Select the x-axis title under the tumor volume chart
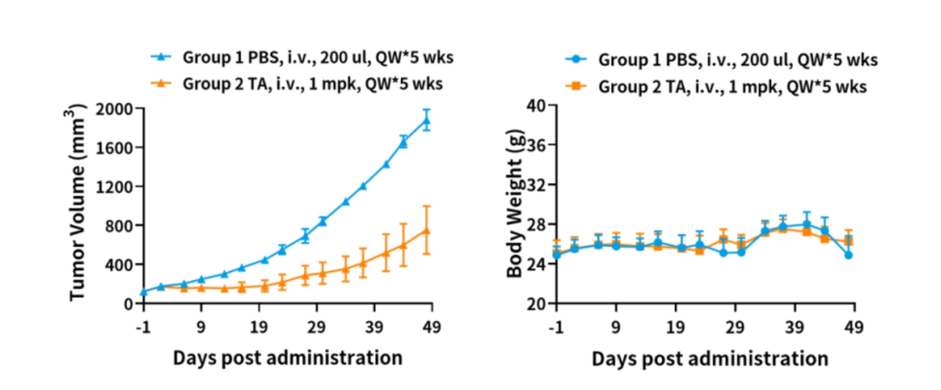(x=287, y=358)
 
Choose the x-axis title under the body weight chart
(x=709, y=359)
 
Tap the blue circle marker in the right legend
(x=578, y=59)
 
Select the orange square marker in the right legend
(x=578, y=86)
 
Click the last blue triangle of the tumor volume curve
(x=427, y=121)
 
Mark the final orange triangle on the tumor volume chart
(x=427, y=231)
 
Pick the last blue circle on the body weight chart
(x=849, y=255)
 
